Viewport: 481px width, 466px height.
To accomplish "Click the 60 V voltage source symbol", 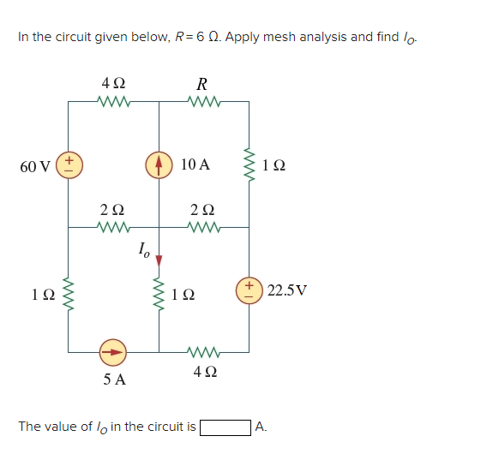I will (69, 164).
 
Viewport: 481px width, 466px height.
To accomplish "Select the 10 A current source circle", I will (159, 164).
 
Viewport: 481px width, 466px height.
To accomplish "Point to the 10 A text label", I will (195, 164).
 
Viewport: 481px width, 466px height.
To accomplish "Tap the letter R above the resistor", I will (202, 84).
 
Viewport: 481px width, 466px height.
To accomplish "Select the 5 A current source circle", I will (113, 351).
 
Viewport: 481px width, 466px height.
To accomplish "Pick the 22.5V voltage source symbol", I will (250, 290).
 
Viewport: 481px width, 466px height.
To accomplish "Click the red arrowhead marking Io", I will (159, 259).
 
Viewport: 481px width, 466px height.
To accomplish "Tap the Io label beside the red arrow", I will (143, 250).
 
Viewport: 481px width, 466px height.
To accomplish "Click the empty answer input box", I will (225, 427).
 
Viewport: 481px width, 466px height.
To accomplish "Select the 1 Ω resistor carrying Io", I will (159, 294).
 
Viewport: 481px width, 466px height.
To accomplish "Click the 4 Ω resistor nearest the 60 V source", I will (113, 103).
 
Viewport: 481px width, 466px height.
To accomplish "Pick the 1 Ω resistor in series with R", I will (250, 164).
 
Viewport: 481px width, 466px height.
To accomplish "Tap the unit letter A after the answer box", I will (262, 427).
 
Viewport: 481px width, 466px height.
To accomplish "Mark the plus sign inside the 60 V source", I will (69, 158).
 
